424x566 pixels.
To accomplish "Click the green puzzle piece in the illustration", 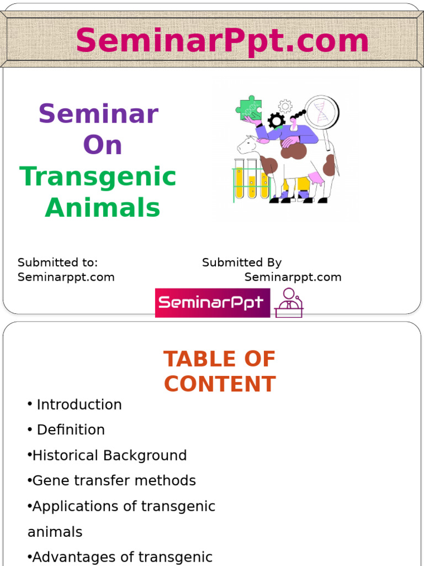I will (249, 108).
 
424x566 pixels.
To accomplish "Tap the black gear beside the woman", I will (276, 120).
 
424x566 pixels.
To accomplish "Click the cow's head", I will (247, 145).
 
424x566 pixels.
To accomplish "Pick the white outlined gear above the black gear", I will (285, 106).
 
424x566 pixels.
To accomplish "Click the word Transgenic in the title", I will (98, 177).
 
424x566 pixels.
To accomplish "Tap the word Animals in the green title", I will (103, 208).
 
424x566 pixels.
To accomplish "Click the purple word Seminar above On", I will (98, 114).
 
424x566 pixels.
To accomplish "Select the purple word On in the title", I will (102, 145).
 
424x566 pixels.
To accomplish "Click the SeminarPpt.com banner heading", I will (222, 41).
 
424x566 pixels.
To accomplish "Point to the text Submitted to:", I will (57, 263).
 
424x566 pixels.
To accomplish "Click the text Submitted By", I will (242, 263).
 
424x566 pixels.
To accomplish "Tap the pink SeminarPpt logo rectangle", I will (213, 302).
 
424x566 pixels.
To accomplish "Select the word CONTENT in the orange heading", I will (220, 384).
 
